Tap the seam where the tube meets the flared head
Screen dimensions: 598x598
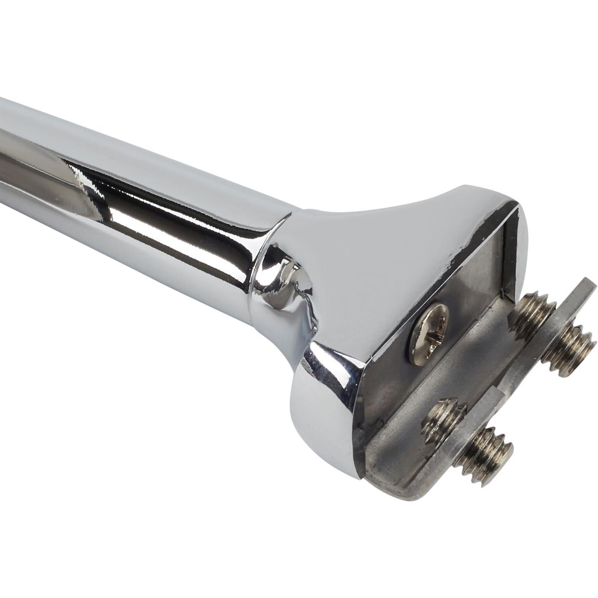pos(264,264)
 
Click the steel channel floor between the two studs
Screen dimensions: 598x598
pos(474,363)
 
